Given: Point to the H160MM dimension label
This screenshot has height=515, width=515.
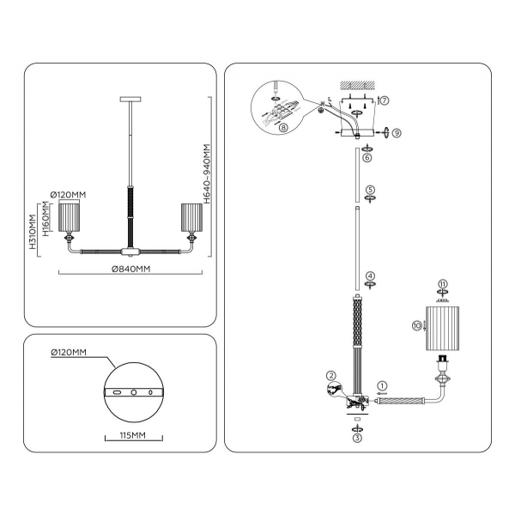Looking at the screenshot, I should [x=45, y=220].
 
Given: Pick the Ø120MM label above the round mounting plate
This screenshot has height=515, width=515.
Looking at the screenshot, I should [x=69, y=353].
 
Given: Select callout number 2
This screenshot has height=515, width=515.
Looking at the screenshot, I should [x=329, y=376].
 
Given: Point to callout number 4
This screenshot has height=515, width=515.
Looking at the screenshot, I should [x=370, y=276].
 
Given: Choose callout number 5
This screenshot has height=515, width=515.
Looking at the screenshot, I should [x=370, y=190].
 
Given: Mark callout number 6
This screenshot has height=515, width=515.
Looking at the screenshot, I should [x=367, y=158].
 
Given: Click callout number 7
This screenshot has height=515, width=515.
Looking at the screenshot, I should [x=385, y=100].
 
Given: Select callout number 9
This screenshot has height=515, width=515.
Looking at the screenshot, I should [x=397, y=131].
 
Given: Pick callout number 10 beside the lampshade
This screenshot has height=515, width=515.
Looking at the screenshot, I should [x=417, y=325].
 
